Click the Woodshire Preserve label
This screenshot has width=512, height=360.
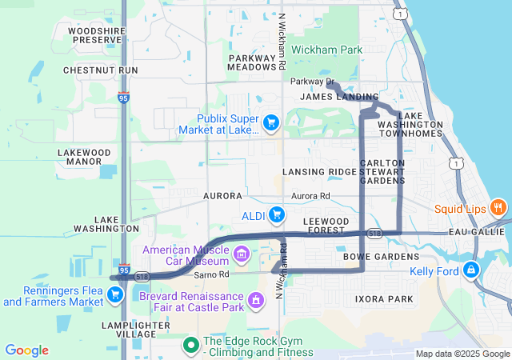pos(94,35)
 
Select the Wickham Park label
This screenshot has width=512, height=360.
pos(326,50)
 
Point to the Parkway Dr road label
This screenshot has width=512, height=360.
pos(312,82)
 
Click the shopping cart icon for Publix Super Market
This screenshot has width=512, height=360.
pos(270,123)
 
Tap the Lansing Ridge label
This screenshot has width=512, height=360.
pos(319,172)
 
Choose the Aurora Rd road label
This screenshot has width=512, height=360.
pos(310,196)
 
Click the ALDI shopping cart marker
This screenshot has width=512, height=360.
pos(277,214)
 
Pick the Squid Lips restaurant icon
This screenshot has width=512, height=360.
pos(498,207)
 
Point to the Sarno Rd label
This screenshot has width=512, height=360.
pos(211,274)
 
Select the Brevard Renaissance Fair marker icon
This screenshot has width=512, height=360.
pos(255,301)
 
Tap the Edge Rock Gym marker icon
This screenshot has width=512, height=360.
pos(190,345)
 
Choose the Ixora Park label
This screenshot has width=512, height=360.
pos(384,299)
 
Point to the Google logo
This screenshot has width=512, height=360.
pos(26,350)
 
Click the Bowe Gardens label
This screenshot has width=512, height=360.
pos(381,257)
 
